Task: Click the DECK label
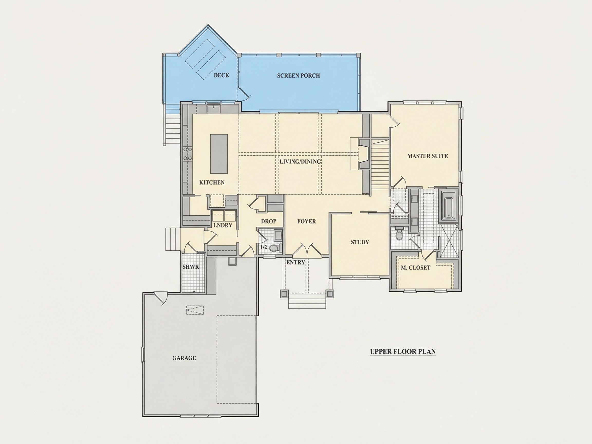click(221, 75)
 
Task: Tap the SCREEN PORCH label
click(298, 76)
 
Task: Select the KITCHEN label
click(212, 182)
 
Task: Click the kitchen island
click(219, 154)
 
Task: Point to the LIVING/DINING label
click(300, 162)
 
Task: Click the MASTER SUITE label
click(427, 156)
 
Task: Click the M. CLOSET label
click(415, 268)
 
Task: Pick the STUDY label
click(360, 242)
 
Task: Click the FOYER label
click(307, 221)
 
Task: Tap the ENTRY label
click(295, 263)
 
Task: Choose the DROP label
click(269, 221)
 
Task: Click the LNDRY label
click(223, 225)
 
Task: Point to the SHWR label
click(191, 267)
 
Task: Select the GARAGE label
click(184, 358)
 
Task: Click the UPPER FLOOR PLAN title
click(403, 352)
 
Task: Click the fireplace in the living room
click(364, 154)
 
